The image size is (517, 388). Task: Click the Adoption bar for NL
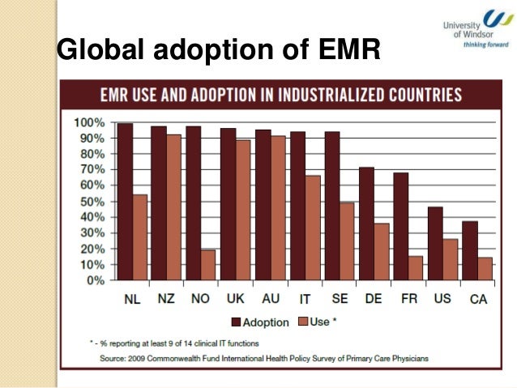point(125,202)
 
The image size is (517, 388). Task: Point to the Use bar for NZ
point(174,207)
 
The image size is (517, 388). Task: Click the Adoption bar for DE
point(366,224)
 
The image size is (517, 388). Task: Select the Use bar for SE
point(348,241)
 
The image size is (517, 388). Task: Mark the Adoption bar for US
point(435,243)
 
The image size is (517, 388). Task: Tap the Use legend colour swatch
point(301,322)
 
